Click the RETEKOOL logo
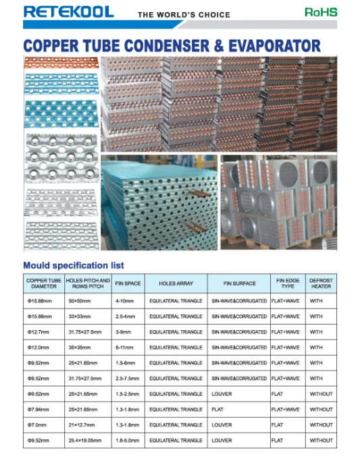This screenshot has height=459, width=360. [68, 11]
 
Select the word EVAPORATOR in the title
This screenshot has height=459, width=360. [267, 46]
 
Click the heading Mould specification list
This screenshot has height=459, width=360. [73, 265]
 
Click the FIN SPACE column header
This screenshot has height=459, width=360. [128, 283]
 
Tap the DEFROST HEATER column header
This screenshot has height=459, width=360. [321, 283]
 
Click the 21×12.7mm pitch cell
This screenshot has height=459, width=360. [82, 425]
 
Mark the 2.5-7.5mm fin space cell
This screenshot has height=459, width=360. [128, 379]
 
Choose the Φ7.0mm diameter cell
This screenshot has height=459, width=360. [39, 425]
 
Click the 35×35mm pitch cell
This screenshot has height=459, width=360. [80, 348]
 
